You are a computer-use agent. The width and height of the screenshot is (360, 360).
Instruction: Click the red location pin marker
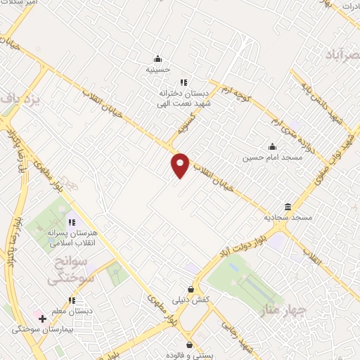pos(181,164)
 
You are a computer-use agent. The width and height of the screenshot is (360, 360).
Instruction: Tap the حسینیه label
pos(158,70)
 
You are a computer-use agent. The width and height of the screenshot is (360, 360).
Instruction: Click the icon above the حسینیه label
pos(157,58)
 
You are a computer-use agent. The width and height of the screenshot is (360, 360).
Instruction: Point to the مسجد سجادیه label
pos(288,218)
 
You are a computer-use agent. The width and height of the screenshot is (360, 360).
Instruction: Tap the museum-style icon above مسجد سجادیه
pos(288,207)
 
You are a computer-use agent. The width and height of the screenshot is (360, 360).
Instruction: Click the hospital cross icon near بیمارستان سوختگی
pos(43,319)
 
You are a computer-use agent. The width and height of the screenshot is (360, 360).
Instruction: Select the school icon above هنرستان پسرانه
pos(72,222)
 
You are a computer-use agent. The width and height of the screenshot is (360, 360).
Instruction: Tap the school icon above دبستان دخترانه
pos(184,82)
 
